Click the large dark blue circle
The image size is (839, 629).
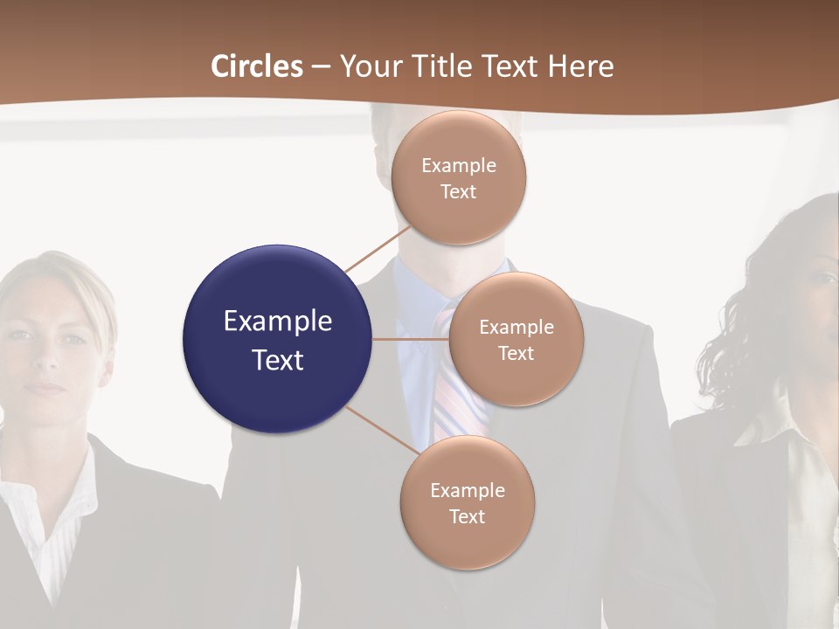pos(278,339)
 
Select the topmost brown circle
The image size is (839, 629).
pos(459,177)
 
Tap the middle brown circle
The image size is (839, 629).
pos(517,339)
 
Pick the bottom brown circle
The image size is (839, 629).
pos(468,502)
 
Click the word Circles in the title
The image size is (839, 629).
pos(257,66)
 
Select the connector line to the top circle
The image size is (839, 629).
pos(378,250)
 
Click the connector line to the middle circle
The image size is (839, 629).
pos(411,339)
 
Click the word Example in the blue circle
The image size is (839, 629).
pos(278,321)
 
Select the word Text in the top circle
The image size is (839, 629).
pos(459,192)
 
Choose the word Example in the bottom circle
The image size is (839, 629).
pos(468,490)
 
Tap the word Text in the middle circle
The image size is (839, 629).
pos(517,354)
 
